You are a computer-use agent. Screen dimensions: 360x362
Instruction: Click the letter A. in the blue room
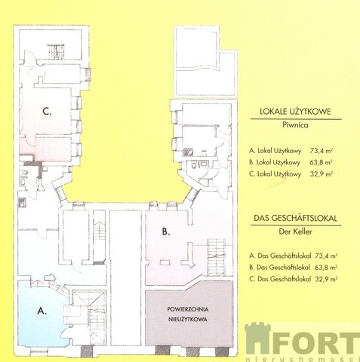[x=42, y=311]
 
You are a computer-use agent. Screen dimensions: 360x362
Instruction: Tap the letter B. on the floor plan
[x=166, y=232]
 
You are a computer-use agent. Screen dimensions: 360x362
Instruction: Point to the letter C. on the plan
[x=47, y=111]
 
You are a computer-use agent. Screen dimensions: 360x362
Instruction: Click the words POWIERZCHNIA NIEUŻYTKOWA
[x=188, y=314]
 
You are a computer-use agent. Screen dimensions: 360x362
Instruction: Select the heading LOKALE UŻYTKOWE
[x=295, y=112]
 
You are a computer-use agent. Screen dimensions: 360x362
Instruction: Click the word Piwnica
[x=295, y=125]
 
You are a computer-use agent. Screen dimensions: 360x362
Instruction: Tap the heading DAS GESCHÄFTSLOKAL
[x=295, y=218]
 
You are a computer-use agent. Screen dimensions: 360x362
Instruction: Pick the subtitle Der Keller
[x=295, y=232]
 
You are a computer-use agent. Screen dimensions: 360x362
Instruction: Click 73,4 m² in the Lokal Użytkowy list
[x=322, y=151]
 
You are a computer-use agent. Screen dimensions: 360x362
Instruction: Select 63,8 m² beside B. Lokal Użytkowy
[x=321, y=162]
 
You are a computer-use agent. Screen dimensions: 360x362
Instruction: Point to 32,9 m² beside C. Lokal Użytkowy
[x=322, y=174]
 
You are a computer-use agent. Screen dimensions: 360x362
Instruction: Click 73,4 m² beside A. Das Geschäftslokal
[x=326, y=256]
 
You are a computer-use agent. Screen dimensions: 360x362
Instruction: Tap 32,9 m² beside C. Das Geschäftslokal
[x=326, y=279]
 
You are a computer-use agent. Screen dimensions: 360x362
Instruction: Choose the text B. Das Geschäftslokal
[x=279, y=268]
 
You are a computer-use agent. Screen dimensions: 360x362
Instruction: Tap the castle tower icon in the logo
[x=258, y=339]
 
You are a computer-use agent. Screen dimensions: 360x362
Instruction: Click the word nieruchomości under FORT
[x=303, y=359]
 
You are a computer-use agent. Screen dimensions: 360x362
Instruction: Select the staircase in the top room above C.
[x=56, y=52]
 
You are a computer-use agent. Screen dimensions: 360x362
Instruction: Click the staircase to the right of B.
[x=216, y=256]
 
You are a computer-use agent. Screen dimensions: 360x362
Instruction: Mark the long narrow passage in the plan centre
[x=125, y=278]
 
